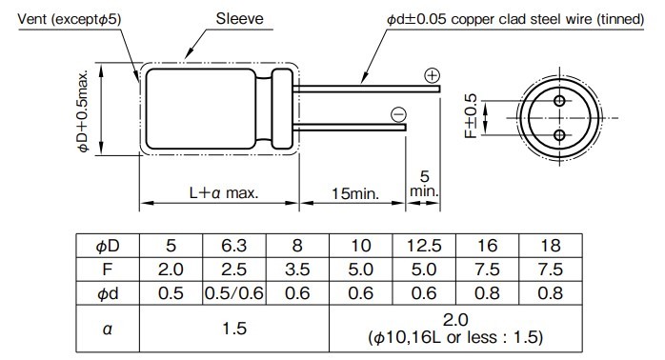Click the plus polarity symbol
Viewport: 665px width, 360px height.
(432, 75)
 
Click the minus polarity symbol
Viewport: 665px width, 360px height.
(398, 115)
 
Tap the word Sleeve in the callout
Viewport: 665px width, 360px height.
(241, 19)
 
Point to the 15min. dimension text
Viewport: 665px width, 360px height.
(355, 192)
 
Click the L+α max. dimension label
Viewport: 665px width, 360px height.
(224, 192)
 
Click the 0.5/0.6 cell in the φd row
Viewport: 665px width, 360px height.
(234, 293)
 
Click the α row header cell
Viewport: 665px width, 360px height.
(108, 329)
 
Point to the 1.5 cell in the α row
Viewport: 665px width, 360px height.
(234, 329)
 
